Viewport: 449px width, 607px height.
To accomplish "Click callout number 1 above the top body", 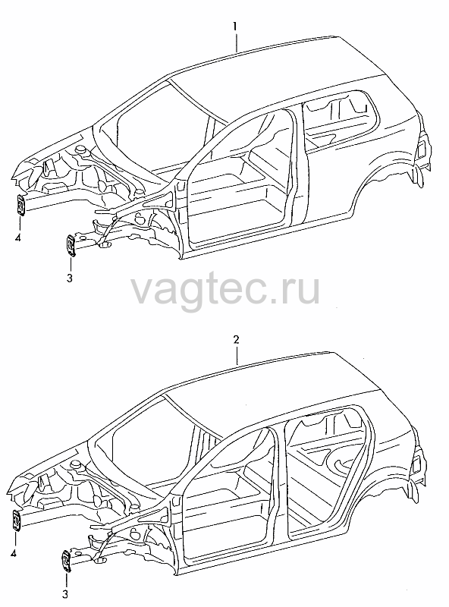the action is (235, 27).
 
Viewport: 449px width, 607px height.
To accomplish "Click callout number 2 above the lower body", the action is (236, 339).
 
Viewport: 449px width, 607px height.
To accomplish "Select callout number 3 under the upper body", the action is (70, 278).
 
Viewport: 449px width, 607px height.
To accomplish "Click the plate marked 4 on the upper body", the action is (21, 205).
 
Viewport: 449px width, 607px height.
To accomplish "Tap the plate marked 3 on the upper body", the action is (71, 245).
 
